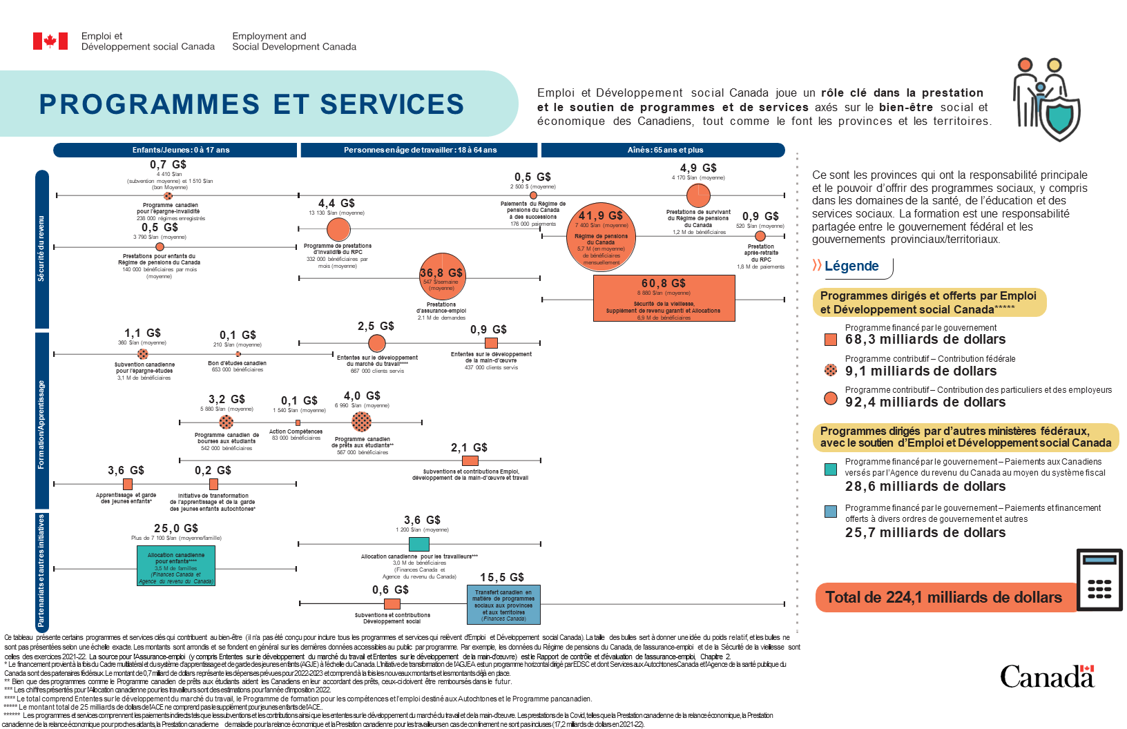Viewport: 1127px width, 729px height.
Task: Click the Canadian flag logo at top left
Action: tap(50, 41)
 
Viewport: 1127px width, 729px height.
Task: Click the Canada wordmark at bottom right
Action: tap(1047, 677)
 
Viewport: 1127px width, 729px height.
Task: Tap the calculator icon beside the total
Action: tap(1099, 580)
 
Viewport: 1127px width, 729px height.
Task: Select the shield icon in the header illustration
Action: tap(1061, 118)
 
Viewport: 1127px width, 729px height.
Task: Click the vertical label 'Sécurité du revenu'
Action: tap(41, 249)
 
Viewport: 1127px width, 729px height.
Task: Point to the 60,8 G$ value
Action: tap(663, 283)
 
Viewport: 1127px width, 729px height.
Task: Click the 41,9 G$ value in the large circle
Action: tap(601, 215)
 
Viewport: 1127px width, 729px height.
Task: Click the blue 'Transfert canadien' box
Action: tap(503, 605)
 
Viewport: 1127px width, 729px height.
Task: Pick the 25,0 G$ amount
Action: tap(176, 528)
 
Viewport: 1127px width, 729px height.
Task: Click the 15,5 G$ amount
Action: tap(502, 577)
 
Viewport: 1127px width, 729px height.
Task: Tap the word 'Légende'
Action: tap(851, 266)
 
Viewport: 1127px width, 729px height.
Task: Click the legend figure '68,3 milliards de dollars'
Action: tap(925, 340)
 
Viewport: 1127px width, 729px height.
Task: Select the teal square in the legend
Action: tap(831, 469)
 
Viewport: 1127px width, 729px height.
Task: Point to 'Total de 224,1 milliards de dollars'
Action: tap(943, 597)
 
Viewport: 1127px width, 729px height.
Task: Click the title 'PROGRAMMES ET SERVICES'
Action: tap(251, 104)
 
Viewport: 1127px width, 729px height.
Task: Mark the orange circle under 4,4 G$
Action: tap(338, 229)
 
